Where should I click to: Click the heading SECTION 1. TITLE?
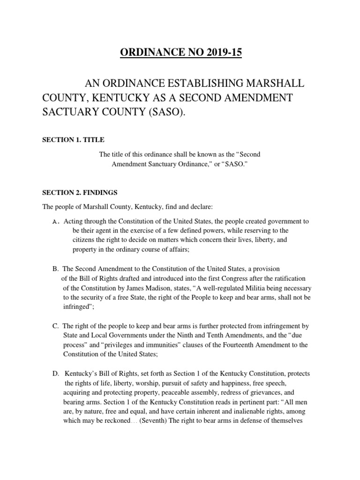tap(74, 140)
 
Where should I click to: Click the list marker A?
tap(55, 221)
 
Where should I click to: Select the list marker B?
tap(55, 269)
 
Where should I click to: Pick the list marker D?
tap(56, 374)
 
